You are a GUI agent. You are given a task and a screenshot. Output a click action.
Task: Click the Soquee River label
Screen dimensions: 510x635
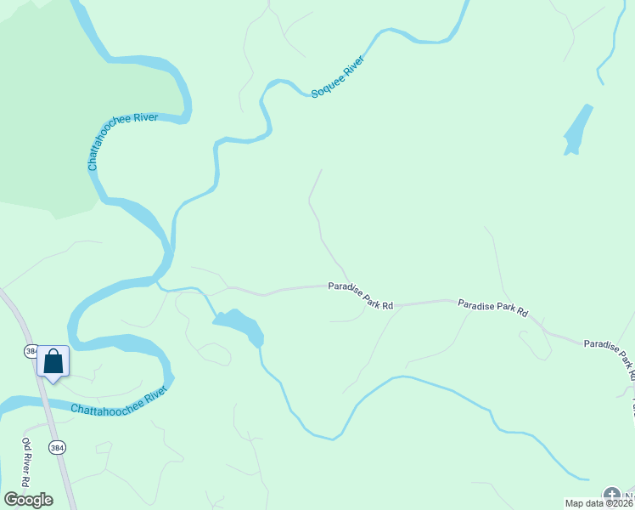(x=338, y=76)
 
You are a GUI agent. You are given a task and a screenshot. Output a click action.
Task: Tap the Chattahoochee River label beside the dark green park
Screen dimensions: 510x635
(x=123, y=141)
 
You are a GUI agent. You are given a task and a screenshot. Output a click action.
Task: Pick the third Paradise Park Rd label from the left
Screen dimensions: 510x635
(x=608, y=352)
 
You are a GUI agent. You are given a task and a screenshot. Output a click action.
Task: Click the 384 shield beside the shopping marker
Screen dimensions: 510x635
(x=31, y=351)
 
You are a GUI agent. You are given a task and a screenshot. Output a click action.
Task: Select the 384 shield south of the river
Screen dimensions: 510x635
(x=56, y=447)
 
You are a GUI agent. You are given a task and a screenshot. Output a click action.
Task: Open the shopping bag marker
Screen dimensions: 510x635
(x=53, y=362)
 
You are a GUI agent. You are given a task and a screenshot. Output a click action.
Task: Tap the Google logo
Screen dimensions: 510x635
(x=28, y=500)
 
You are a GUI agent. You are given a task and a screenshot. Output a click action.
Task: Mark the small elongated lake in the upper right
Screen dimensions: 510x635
(x=577, y=130)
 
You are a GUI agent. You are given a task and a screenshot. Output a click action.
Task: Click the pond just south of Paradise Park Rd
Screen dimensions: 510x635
(x=239, y=325)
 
